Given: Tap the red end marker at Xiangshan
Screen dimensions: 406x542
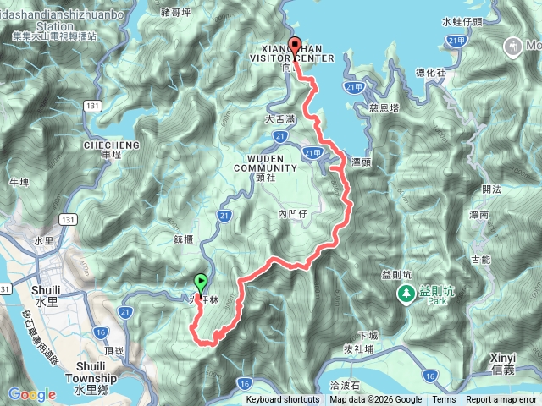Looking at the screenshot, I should (295, 47).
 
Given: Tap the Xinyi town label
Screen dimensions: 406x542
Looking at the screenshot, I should (510, 365).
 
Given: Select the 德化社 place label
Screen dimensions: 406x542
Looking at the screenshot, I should (431, 74).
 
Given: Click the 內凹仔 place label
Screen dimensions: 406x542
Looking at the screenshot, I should (291, 214).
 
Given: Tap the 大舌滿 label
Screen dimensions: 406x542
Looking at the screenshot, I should (280, 120).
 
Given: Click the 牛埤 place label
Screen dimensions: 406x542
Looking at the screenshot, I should (19, 182).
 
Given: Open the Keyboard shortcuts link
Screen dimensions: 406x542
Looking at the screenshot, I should (283, 400).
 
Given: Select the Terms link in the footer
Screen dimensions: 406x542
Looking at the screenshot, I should (444, 400).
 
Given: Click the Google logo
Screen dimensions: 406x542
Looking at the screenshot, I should (31, 394).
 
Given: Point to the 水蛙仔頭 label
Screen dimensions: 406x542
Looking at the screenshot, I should (462, 22).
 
